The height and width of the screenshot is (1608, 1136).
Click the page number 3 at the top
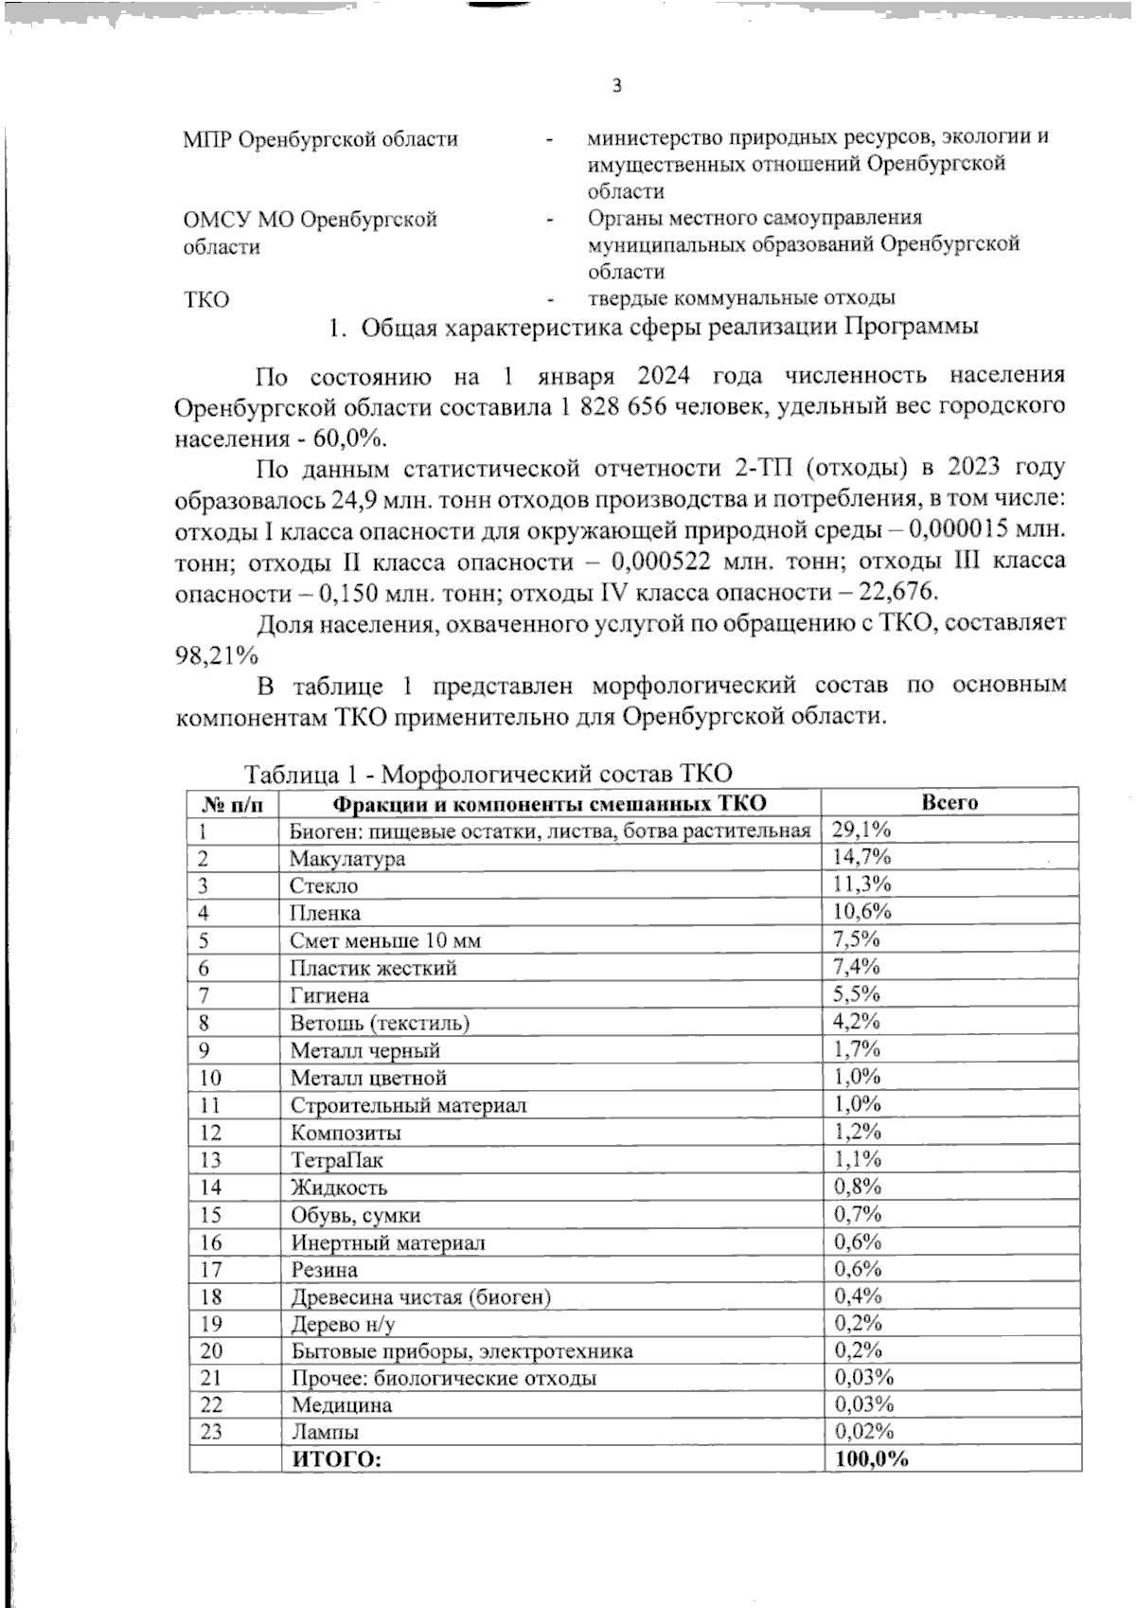(x=617, y=86)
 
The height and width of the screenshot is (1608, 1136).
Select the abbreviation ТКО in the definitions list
(x=205, y=300)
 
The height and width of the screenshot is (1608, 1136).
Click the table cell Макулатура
(x=347, y=859)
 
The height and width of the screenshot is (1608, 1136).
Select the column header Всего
(x=950, y=803)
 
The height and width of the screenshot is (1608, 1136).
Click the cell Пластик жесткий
(x=373, y=969)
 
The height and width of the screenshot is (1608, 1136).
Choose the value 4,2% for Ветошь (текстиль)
(x=857, y=1023)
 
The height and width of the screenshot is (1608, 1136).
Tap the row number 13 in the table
(x=210, y=1160)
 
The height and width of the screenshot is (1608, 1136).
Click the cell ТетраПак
(x=336, y=1160)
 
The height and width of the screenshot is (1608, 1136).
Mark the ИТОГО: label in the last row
(x=336, y=1459)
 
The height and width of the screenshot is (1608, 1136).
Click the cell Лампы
(x=324, y=1432)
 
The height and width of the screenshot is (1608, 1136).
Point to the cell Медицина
(x=341, y=1405)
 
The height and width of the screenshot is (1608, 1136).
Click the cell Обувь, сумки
(x=355, y=1215)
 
